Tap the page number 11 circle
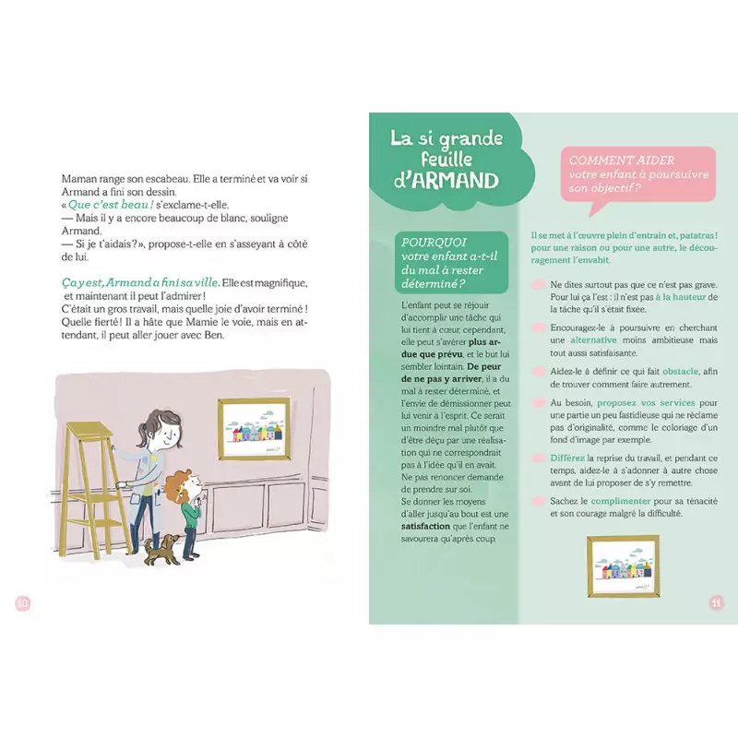(716, 603)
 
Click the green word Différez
(567, 458)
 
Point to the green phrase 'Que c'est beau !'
(110, 204)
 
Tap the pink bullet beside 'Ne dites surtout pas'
(539, 285)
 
